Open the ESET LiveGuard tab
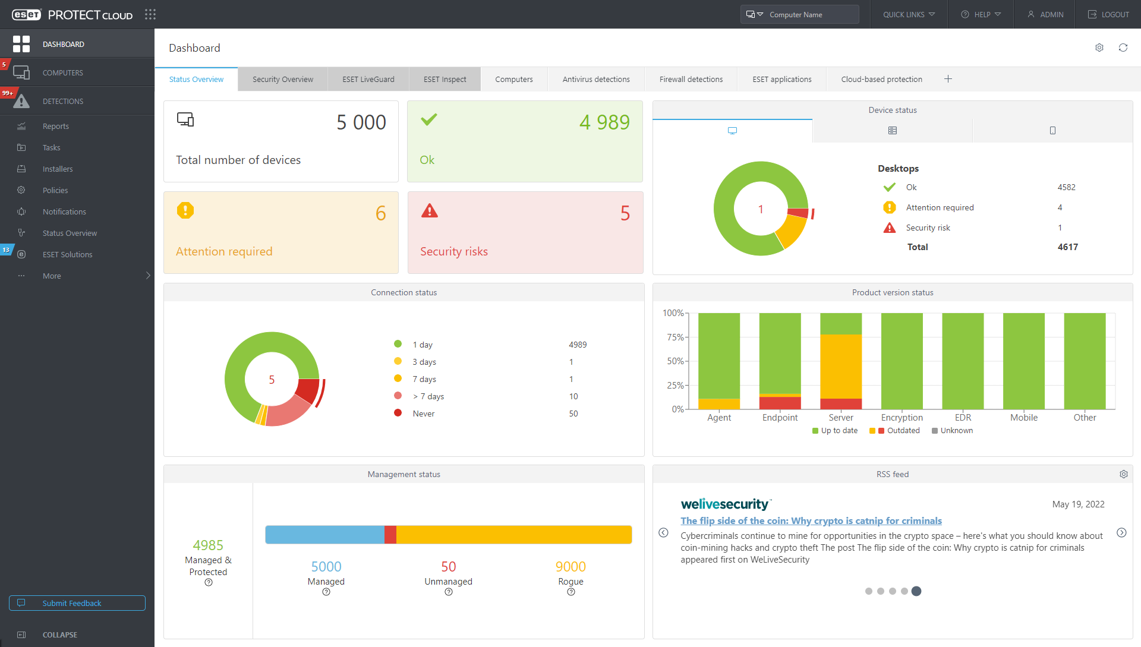coord(368,79)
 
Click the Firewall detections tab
coord(691,79)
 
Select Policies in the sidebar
coord(55,190)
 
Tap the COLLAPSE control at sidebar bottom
coord(59,635)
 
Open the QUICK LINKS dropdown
coord(909,14)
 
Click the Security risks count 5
coord(625,213)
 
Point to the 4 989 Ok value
coord(604,122)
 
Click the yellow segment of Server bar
coord(840,366)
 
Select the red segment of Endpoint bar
coord(780,403)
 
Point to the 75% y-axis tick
coord(674,337)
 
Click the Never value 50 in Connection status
coord(573,414)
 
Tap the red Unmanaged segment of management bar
coord(390,535)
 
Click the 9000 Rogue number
coord(570,567)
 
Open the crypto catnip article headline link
coord(811,520)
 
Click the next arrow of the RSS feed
coord(1121,533)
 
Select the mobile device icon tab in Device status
coord(1052,131)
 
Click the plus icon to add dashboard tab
coord(948,79)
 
